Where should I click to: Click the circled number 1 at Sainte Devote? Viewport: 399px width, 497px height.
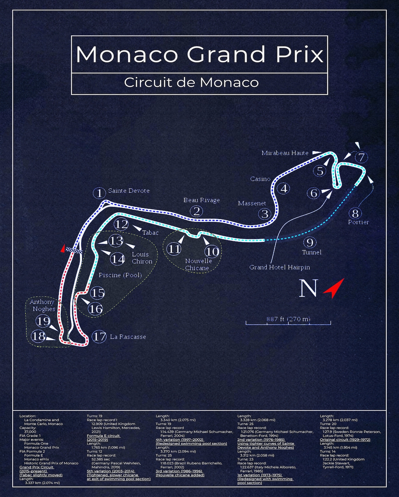99,193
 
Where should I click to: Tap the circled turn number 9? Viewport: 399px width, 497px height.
310,242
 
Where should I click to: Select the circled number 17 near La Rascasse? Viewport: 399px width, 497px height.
99,336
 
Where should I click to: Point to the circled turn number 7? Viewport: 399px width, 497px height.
362,157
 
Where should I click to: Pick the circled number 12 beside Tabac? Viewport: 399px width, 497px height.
121,224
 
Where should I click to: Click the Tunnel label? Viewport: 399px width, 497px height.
311,252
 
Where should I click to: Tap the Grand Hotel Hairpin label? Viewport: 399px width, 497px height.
279,267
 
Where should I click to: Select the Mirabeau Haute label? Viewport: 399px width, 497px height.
285,153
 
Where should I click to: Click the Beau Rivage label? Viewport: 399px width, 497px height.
202,200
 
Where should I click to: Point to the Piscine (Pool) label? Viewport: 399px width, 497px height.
120,275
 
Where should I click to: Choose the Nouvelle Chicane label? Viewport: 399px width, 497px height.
198,265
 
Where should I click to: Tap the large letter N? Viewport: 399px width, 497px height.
308,288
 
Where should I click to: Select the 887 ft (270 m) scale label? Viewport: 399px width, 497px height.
288,319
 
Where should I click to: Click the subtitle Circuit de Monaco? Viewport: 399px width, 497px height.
191,83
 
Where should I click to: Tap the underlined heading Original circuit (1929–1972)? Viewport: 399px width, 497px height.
345,440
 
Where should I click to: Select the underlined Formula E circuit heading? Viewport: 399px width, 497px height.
104,436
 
